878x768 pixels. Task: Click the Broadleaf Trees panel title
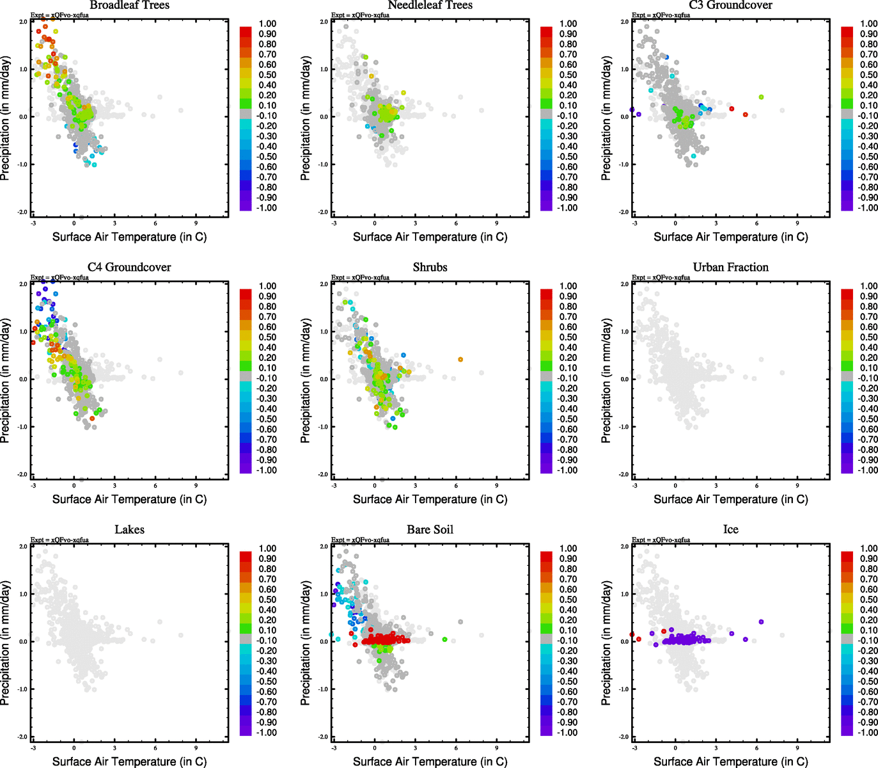(129, 5)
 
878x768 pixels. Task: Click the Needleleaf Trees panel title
(430, 5)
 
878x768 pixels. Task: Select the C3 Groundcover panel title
(730, 5)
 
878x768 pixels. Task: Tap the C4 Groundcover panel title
(129, 268)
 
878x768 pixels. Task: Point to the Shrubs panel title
(430, 268)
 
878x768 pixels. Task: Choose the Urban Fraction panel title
(730, 268)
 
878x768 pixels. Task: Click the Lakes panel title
(129, 530)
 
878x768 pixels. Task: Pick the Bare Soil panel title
(430, 530)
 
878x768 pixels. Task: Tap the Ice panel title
(730, 530)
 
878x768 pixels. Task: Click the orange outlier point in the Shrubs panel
(460, 360)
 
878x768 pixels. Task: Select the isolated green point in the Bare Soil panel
(444, 639)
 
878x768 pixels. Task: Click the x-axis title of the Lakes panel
(129, 762)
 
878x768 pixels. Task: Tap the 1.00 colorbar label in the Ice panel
(868, 548)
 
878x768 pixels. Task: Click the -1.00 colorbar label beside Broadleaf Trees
(267, 208)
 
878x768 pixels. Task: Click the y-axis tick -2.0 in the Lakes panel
(23, 737)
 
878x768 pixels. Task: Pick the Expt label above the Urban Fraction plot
(661, 278)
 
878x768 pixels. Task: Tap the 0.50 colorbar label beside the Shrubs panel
(568, 337)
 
